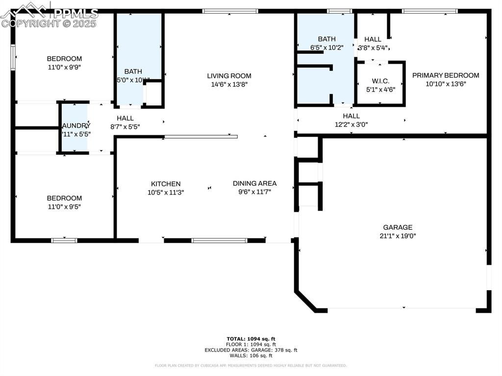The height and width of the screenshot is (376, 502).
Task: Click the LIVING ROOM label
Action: tap(229, 75)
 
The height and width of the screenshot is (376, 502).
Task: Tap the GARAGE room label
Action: tap(398, 227)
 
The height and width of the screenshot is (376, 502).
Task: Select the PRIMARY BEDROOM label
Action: tap(445, 75)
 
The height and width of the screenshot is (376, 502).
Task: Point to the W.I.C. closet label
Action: tap(380, 80)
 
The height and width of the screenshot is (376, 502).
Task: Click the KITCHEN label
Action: tap(166, 184)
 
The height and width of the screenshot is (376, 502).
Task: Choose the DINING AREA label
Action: tap(254, 183)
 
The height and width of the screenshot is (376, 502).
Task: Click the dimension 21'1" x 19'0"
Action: tap(398, 236)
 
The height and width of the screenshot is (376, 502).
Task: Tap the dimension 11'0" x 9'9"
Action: tap(64, 68)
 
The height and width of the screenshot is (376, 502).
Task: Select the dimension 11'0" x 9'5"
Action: tap(64, 207)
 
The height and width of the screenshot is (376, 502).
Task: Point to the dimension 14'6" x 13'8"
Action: tap(229, 84)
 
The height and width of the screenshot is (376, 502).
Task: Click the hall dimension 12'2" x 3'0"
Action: tap(351, 125)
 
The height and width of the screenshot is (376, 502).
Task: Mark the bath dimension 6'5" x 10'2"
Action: tap(326, 48)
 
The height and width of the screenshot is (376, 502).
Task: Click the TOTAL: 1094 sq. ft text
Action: tap(251, 339)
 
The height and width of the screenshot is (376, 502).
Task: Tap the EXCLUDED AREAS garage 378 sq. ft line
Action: tap(251, 350)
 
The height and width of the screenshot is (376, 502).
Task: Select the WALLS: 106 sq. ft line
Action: tap(251, 356)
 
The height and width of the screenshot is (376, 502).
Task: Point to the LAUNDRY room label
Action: tap(75, 125)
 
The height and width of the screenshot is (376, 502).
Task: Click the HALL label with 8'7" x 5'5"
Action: tap(125, 118)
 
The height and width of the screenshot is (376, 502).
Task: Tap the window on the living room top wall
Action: tap(230, 11)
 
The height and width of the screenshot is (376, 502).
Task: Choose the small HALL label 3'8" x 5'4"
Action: tap(373, 39)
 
